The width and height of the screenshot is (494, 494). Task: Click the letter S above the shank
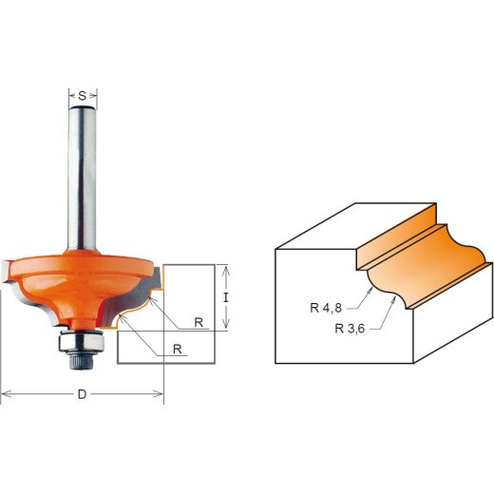pos(83,95)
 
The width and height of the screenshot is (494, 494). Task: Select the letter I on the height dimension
pos(225,296)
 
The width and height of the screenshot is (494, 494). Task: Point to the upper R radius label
pos(199,322)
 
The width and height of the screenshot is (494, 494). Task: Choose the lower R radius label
pos(177,350)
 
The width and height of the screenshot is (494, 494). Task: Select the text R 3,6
pos(351,329)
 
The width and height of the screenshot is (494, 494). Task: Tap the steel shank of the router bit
pos(83,180)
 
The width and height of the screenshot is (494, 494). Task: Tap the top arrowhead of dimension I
pos(225,268)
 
